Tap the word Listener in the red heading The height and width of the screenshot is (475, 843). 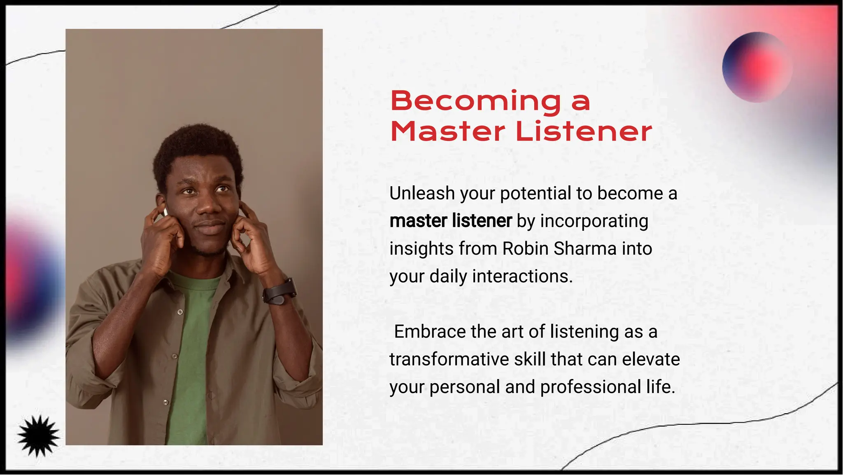584,132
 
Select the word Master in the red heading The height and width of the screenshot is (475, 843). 447,132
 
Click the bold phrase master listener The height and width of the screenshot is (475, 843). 451,221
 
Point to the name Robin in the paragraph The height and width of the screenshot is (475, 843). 526,249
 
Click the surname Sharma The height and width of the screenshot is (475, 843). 585,249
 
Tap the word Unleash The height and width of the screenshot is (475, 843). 422,194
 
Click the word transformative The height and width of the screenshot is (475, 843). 449,360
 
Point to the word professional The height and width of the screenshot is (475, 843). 590,387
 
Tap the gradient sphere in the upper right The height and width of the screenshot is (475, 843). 757,67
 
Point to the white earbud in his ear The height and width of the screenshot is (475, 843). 165,212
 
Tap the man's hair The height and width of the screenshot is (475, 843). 198,144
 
